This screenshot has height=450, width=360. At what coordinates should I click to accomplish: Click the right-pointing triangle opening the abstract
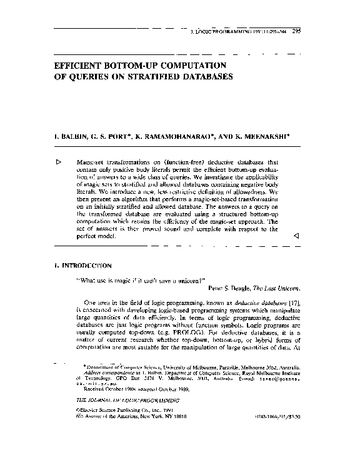click(58, 161)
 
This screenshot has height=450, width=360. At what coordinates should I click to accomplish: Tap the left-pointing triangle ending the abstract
click(296, 237)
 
